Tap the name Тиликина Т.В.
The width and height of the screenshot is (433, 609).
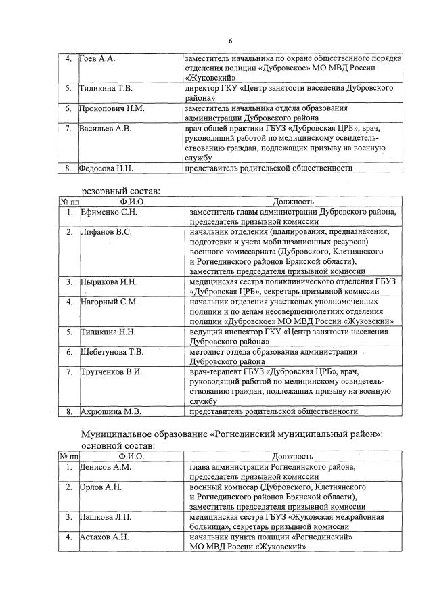click(107, 89)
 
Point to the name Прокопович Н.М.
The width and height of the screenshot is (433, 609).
click(112, 108)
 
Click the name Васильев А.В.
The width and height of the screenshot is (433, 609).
click(106, 128)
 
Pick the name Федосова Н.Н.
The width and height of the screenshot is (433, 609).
click(107, 167)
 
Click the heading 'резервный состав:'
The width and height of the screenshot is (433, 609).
click(121, 191)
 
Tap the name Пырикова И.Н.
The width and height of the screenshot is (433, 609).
click(108, 281)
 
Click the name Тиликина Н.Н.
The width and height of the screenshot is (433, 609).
click(108, 332)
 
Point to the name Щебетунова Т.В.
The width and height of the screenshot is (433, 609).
click(112, 352)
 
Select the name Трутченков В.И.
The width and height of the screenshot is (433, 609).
click(111, 371)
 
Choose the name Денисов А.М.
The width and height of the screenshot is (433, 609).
click(105, 467)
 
